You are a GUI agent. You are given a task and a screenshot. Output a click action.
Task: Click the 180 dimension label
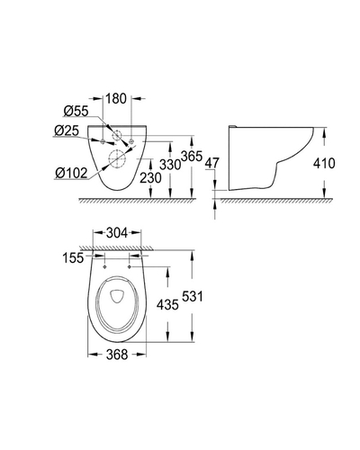pyautogui.click(x=117, y=98)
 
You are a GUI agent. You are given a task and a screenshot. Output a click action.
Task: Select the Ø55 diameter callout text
pyautogui.click(x=76, y=112)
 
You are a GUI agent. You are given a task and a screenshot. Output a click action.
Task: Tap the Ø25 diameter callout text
pyautogui.click(x=67, y=130)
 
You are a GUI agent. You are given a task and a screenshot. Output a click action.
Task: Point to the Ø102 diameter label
pyautogui.click(x=71, y=173)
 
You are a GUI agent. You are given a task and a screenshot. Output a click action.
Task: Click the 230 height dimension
pyautogui.click(x=150, y=177)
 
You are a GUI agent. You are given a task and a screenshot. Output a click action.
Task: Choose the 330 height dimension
pyautogui.click(x=170, y=165)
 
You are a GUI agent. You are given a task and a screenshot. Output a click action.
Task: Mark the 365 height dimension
pyautogui.click(x=192, y=157)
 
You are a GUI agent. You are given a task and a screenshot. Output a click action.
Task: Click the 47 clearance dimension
pyautogui.click(x=212, y=163)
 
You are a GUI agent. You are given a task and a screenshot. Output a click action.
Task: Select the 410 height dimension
pyautogui.click(x=324, y=164)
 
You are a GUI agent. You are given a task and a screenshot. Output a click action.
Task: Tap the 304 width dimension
pyautogui.click(x=117, y=233)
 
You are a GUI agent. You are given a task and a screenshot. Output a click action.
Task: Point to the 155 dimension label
pyautogui.click(x=73, y=257)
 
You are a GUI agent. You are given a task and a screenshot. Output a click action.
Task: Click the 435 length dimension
pyautogui.click(x=167, y=305)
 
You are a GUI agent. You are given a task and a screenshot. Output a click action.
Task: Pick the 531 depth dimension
pyautogui.click(x=192, y=296)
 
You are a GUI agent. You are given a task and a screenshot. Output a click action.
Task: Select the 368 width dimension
pyautogui.click(x=117, y=355)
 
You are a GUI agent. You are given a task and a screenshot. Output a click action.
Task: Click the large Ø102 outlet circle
pyautogui.click(x=117, y=158)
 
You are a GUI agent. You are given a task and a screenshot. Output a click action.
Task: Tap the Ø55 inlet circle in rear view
pyautogui.click(x=117, y=136)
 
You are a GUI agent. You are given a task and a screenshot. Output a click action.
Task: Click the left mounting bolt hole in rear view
pyautogui.click(x=103, y=141)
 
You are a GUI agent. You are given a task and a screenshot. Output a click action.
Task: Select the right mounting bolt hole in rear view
pyautogui.click(x=131, y=141)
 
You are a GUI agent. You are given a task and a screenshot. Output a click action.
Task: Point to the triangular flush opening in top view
pyautogui.click(x=117, y=295)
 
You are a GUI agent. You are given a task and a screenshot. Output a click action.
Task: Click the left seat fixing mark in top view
pyautogui.click(x=104, y=266)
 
